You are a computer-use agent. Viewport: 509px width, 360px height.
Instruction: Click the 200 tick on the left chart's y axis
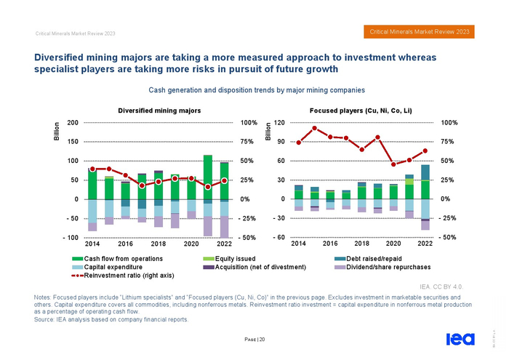pos(73,123)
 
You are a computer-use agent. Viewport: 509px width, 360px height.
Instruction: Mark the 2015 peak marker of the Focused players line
pos(314,129)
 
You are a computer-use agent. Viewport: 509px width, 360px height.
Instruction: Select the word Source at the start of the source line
pos(44,319)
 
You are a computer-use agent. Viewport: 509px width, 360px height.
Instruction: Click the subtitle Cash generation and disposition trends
pos(256,90)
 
